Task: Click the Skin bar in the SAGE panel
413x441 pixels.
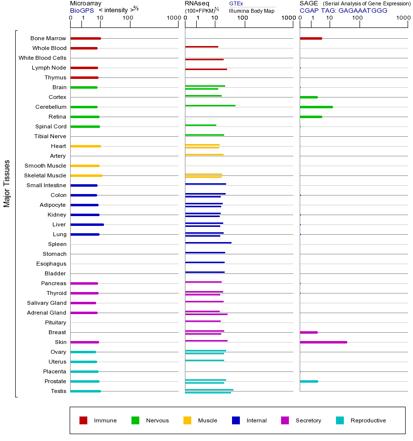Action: (323, 342)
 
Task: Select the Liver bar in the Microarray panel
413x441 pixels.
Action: (87, 224)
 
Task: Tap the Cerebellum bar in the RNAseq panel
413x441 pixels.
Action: (210, 105)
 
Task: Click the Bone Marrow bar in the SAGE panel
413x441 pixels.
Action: (310, 38)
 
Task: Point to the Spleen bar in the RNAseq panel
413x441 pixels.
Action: (208, 243)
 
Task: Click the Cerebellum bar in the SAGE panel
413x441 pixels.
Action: (316, 107)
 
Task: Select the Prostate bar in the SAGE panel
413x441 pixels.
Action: (309, 381)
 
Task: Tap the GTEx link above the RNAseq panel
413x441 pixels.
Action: (236, 3)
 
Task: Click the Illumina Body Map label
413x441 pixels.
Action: (252, 10)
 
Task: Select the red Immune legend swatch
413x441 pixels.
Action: (83, 420)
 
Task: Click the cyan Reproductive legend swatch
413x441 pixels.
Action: (340, 420)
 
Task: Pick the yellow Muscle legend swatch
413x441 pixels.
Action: (187, 420)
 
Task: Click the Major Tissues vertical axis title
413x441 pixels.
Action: (7, 183)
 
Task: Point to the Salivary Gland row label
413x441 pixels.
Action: (47, 303)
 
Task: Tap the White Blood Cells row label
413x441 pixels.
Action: (42, 58)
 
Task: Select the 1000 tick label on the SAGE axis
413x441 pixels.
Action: (403, 19)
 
